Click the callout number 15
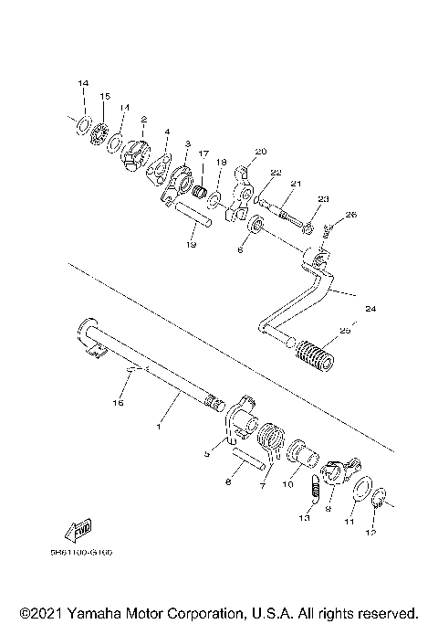pos(105,96)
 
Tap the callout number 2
pos(144,119)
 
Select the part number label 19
pos(192,245)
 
